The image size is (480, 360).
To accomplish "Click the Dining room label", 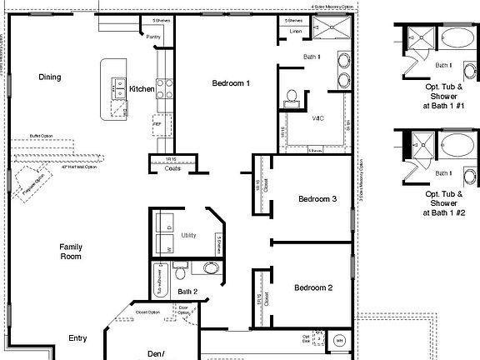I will (x=50, y=77).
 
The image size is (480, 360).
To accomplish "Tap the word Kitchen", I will (x=141, y=89).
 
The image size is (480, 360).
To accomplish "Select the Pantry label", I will (x=153, y=37).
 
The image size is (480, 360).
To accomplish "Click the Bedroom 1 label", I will (x=231, y=83).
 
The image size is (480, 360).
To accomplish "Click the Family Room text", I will (x=70, y=252).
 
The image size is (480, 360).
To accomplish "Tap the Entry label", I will (x=77, y=338).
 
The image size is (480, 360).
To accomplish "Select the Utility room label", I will (x=189, y=236).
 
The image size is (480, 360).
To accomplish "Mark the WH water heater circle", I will (x=339, y=340).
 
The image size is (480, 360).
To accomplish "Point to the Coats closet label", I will (x=172, y=168).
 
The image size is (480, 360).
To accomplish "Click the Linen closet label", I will (x=296, y=32).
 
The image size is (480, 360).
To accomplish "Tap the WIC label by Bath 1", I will (x=317, y=119).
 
